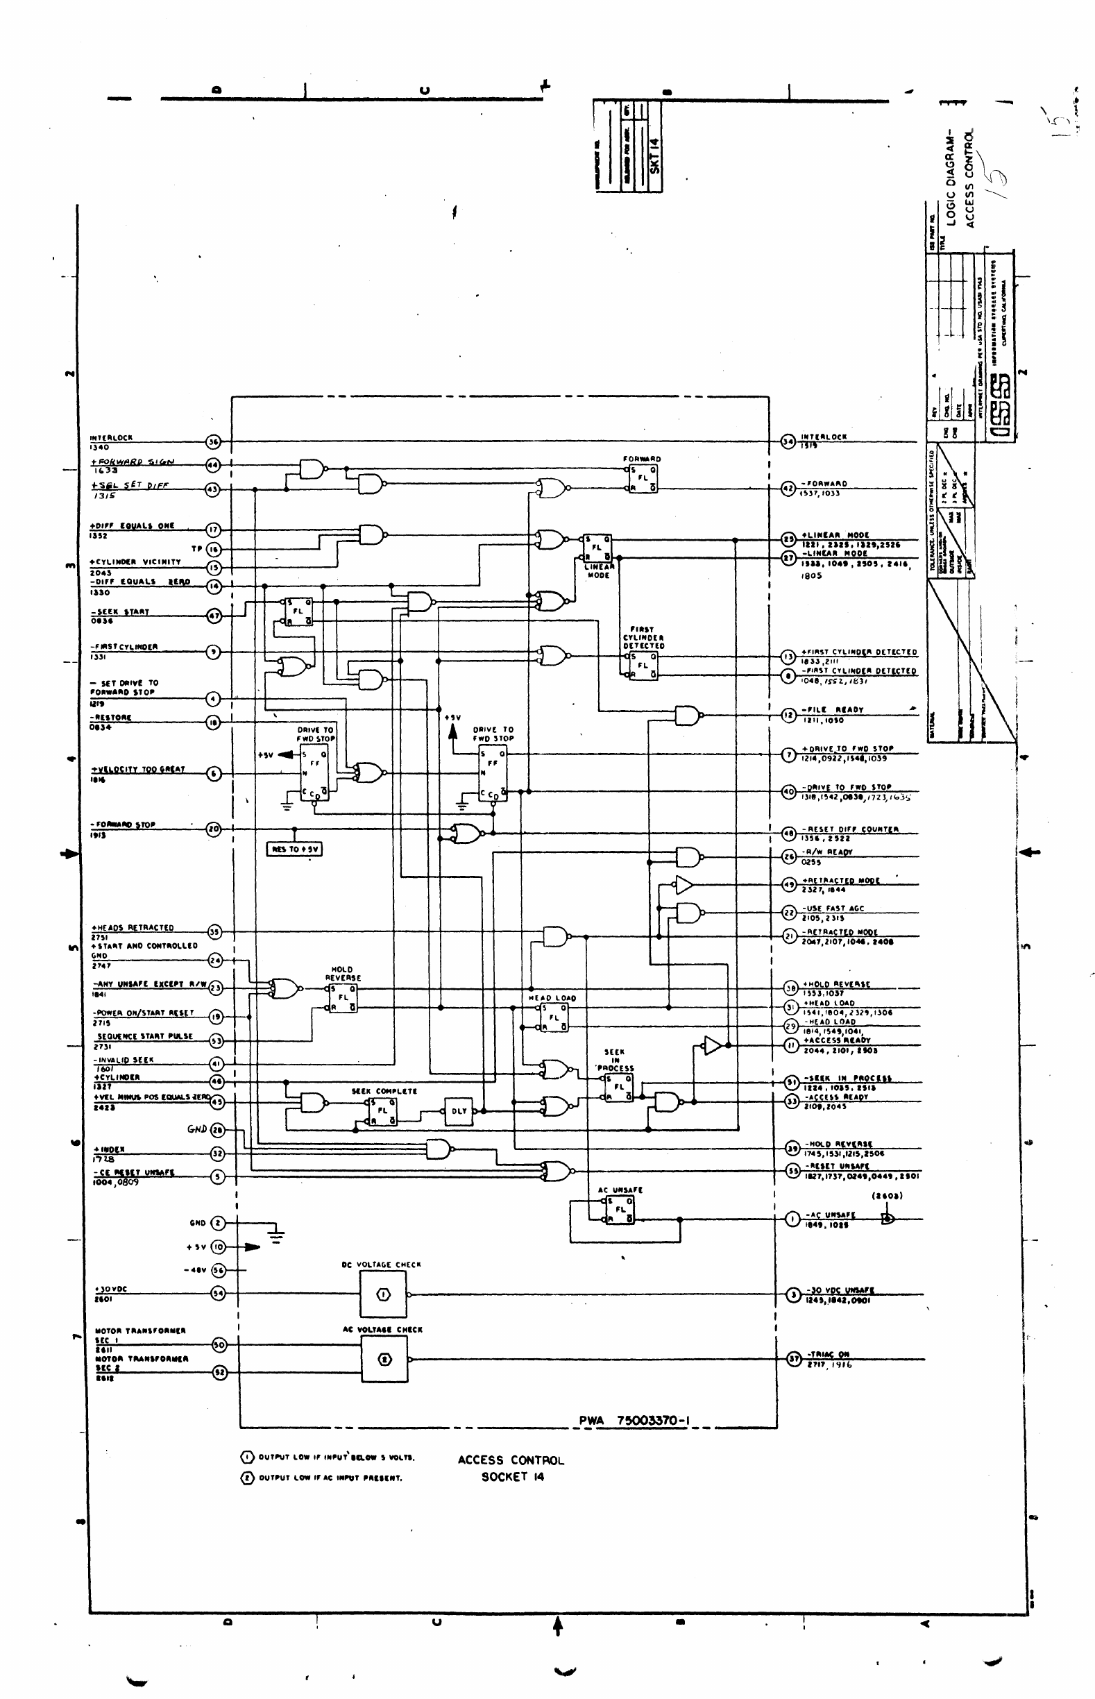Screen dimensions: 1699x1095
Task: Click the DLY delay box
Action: (x=459, y=1111)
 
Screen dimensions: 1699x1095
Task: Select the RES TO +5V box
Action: (x=294, y=849)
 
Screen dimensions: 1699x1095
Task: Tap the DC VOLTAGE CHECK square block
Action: (x=383, y=1294)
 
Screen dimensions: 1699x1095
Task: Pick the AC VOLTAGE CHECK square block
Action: (x=384, y=1359)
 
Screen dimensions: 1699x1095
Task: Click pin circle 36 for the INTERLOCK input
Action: (x=213, y=441)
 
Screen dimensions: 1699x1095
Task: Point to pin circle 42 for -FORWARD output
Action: (x=788, y=488)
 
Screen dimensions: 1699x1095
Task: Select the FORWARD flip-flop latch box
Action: (x=642, y=478)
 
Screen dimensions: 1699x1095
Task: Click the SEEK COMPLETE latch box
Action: (x=382, y=1111)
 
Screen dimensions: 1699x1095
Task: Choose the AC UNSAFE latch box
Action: (x=619, y=1209)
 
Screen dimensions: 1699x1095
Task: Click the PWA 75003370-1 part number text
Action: (x=634, y=1420)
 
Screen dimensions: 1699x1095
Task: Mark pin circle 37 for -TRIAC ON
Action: (x=795, y=1358)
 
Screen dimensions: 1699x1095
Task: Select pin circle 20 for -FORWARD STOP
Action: (x=213, y=829)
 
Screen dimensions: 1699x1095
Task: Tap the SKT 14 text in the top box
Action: (x=655, y=154)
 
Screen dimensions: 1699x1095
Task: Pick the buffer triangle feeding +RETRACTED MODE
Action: (x=684, y=885)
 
